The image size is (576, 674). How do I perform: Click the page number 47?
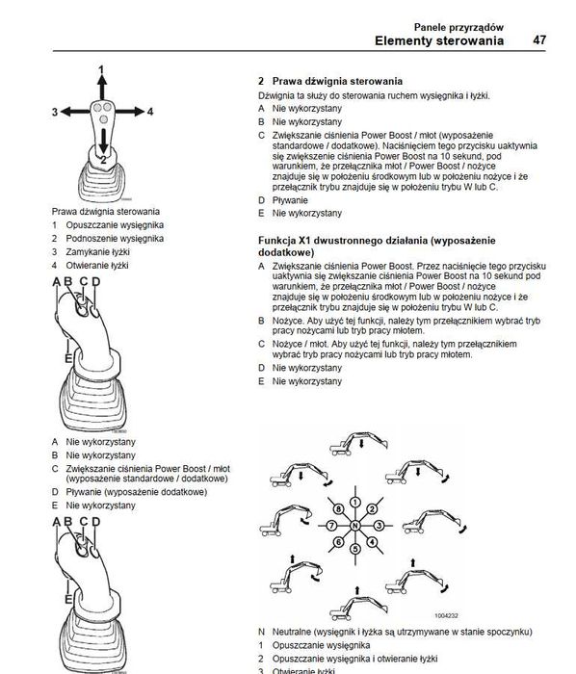[539, 40]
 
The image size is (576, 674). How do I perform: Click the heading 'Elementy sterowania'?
[439, 40]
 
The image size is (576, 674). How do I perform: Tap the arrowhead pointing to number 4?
[139, 112]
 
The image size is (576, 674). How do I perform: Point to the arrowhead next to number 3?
[66, 112]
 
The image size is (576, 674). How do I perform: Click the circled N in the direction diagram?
[355, 526]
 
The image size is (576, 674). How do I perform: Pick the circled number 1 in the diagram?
[355, 502]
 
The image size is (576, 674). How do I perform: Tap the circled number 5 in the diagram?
[355, 549]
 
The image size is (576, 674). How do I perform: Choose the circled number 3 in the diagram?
[379, 526]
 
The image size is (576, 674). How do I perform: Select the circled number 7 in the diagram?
[331, 526]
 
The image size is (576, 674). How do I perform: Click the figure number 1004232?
[446, 615]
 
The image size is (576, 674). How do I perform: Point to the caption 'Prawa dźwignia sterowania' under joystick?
[106, 212]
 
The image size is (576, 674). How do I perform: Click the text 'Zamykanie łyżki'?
[97, 252]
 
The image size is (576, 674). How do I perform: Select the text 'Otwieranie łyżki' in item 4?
[97, 265]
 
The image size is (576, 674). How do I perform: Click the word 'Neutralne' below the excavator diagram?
[292, 632]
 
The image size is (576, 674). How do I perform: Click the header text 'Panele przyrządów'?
[458, 27]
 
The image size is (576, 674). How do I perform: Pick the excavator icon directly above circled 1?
[359, 444]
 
